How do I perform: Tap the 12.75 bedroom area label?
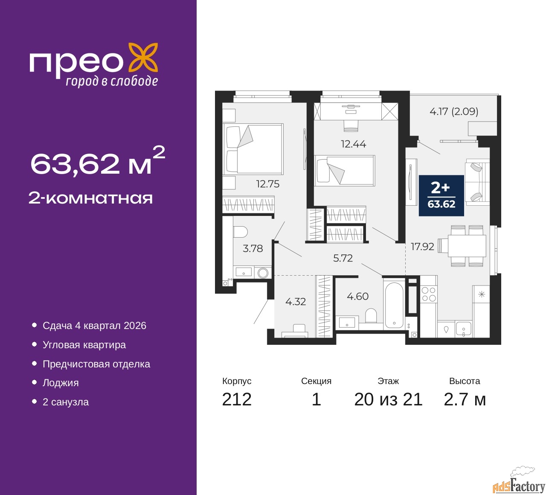(268, 184)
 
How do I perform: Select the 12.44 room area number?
(353, 144)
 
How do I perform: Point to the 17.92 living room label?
(422, 247)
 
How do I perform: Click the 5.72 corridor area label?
(343, 258)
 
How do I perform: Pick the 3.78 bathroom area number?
(253, 248)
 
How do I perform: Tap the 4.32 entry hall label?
(296, 301)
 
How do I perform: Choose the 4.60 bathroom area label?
(357, 296)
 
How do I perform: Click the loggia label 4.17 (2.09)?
(454, 111)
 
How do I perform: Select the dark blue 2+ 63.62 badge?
(441, 195)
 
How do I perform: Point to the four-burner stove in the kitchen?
(429, 294)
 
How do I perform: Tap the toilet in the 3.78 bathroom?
(240, 232)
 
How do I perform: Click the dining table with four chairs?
(462, 246)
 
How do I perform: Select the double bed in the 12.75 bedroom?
(253, 149)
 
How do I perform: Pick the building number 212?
(237, 399)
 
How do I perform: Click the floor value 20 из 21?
(388, 399)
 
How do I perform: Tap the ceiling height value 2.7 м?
(465, 399)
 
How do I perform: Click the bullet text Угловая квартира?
(84, 345)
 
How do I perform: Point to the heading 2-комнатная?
(90, 198)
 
